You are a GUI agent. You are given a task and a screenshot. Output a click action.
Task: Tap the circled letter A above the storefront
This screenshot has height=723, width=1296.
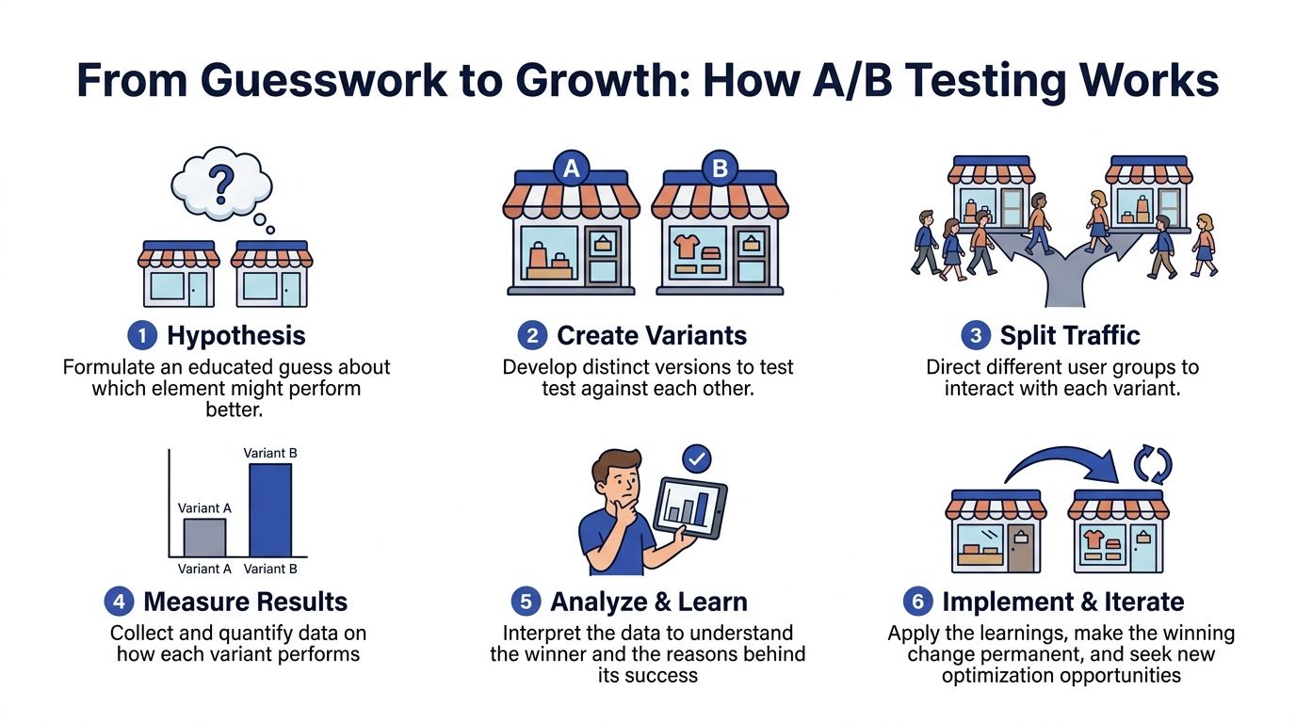click(571, 169)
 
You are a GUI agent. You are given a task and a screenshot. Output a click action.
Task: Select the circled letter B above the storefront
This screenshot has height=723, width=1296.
click(721, 169)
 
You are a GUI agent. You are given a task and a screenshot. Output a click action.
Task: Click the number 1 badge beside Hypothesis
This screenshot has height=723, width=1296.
click(140, 336)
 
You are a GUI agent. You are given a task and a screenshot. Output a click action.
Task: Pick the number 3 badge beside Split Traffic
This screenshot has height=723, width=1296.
click(974, 336)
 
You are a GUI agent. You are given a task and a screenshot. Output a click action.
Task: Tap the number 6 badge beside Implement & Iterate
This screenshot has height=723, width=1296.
click(917, 602)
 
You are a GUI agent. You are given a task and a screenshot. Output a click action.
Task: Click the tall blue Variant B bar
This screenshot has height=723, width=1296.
click(270, 510)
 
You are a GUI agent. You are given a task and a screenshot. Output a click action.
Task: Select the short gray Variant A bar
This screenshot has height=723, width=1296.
click(204, 538)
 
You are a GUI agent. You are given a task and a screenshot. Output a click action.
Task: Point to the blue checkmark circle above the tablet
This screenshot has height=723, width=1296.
click(696, 458)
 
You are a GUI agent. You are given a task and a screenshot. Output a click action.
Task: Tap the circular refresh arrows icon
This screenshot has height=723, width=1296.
click(1153, 464)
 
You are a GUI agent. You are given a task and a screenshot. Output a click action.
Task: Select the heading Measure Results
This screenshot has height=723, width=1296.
click(245, 602)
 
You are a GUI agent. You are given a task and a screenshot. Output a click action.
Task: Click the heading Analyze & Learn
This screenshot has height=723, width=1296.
click(648, 602)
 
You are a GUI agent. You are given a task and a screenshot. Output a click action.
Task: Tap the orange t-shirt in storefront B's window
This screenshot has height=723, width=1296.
click(686, 247)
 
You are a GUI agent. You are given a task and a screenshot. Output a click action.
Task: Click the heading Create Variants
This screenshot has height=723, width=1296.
click(652, 336)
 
